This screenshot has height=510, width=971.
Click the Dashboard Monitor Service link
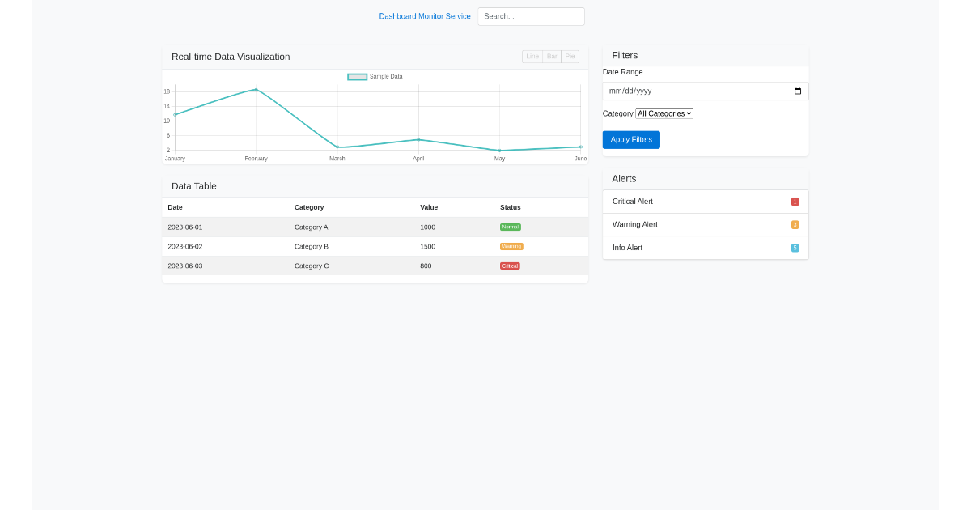[424, 16]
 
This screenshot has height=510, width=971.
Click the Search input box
[531, 16]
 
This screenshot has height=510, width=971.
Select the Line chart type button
[532, 57]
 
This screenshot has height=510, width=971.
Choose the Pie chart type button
[570, 57]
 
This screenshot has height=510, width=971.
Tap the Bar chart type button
[552, 57]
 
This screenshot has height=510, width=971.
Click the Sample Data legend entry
[375, 77]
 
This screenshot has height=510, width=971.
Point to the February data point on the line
[256, 90]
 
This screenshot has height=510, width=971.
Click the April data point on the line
[418, 140]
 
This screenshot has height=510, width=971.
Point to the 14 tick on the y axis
[167, 106]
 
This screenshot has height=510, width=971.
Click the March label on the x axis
[337, 159]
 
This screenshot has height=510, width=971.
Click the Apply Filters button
[631, 140]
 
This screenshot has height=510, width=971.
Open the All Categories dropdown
[664, 114]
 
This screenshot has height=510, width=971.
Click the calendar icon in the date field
[798, 91]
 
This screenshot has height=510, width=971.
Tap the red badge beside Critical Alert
[795, 202]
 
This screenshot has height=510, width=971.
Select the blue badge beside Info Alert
[795, 248]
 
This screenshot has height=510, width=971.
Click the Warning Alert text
[635, 225]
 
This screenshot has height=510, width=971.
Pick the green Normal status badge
[511, 227]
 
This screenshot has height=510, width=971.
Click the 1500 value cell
[428, 247]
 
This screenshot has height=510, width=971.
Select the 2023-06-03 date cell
[185, 266]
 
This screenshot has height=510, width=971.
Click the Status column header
[511, 208]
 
